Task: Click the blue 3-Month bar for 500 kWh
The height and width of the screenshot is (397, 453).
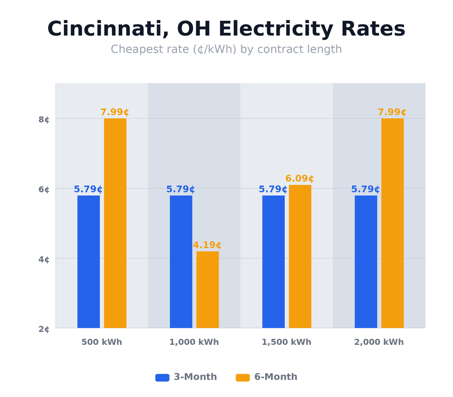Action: (x=88, y=262)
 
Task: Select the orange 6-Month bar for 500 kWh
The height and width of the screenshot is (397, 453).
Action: (x=115, y=223)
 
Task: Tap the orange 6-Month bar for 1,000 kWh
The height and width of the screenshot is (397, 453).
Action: (x=208, y=289)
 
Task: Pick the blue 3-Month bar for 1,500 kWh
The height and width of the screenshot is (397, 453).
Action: (x=273, y=262)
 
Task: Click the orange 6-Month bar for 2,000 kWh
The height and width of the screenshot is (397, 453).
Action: (x=392, y=223)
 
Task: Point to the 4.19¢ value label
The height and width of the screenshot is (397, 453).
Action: (x=207, y=245)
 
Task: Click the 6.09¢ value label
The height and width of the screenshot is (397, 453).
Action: (x=300, y=179)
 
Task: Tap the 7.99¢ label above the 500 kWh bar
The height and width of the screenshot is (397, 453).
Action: (x=115, y=112)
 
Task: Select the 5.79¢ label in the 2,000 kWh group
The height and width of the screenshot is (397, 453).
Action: (x=365, y=189)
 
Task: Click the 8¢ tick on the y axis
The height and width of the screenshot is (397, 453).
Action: (x=44, y=120)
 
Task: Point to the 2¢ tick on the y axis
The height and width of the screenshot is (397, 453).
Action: (x=44, y=329)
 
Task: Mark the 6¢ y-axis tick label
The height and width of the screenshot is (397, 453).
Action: (x=44, y=190)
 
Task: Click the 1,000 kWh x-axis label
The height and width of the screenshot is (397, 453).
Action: (x=194, y=343)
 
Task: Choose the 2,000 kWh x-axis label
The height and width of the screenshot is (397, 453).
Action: (x=379, y=343)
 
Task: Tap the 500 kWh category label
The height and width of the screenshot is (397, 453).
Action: (x=102, y=343)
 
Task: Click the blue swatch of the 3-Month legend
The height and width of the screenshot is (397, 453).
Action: (x=162, y=378)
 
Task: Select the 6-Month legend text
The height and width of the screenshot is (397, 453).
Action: (x=276, y=377)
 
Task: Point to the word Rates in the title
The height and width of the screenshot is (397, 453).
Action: (x=373, y=30)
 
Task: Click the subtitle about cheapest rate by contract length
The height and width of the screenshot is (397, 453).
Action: (x=226, y=49)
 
